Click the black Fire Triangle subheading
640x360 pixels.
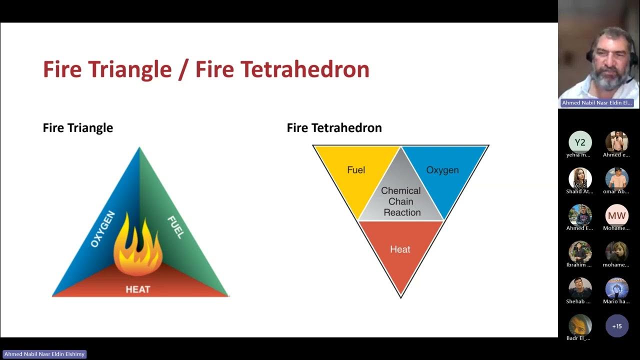tap(78, 128)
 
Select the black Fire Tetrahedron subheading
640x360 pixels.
tap(334, 128)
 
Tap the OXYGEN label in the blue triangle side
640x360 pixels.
tap(103, 229)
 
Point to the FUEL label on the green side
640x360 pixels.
tap(175, 227)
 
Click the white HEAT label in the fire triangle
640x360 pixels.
tap(137, 289)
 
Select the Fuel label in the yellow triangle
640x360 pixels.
tap(356, 170)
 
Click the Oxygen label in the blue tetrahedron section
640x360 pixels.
tap(442, 170)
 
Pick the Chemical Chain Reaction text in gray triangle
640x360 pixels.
tap(401, 201)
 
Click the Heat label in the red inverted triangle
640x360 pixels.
tap(400, 249)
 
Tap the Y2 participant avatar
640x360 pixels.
tap(580, 142)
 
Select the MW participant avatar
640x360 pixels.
tap(617, 215)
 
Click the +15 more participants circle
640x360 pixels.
tap(617, 326)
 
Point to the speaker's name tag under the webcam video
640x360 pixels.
tap(597, 103)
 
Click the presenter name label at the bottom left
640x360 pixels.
tap(45, 354)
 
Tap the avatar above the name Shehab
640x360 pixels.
tap(580, 288)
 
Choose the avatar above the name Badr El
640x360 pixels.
tap(580, 325)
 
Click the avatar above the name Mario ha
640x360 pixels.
tap(617, 288)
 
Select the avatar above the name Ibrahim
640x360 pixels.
tap(580, 252)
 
